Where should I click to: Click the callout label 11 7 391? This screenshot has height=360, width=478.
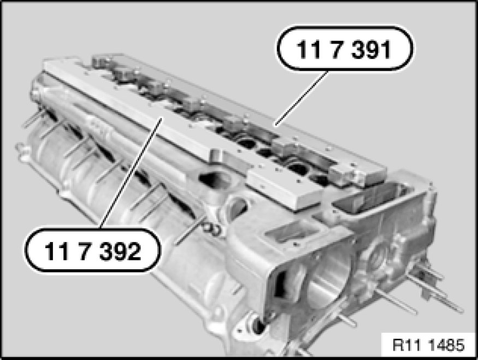345,49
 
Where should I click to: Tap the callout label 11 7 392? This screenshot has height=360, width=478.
92,250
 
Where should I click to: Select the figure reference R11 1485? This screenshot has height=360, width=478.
428,345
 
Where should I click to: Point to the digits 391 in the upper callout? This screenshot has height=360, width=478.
371,49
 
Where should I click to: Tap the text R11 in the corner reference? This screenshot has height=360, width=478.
406,345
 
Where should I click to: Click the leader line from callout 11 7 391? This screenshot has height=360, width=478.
301,98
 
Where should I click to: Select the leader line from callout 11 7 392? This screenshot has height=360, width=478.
131,173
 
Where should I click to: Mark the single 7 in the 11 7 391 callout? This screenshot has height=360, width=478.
338,49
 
